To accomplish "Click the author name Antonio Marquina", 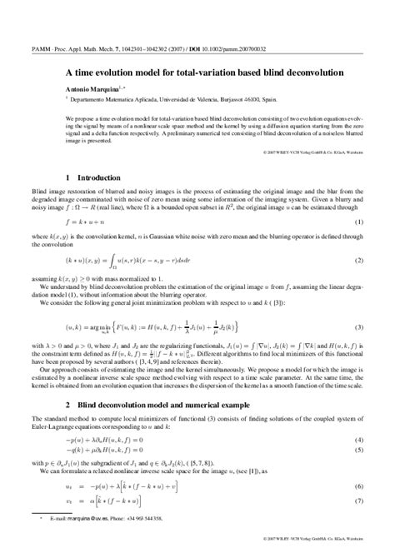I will pyautogui.click(x=90, y=87).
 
